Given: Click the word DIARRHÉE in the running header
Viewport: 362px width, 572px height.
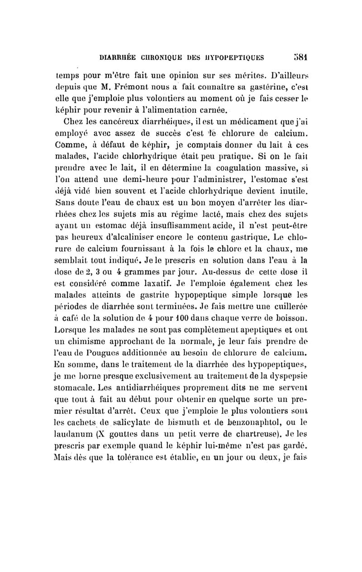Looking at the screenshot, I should click(117, 58).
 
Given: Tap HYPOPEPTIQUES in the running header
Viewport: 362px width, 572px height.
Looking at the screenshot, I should click(238, 58).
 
